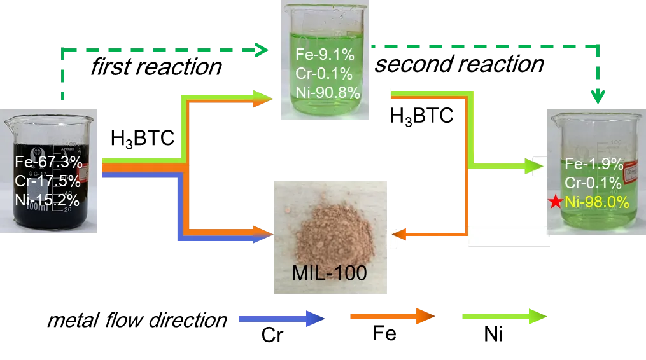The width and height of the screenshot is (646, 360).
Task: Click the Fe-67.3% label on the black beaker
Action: tap(48, 162)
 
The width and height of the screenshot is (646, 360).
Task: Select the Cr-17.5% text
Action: tap(48, 181)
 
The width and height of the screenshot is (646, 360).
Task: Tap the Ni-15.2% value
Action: tap(48, 200)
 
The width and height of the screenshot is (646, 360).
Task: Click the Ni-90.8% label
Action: tap(328, 93)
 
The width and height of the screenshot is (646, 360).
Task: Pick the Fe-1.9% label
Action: tap(594, 165)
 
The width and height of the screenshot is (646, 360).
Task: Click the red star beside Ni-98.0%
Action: tap(555, 203)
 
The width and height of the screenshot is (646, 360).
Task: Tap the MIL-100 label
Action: tap(330, 273)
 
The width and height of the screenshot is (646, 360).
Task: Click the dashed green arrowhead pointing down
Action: tap(598, 97)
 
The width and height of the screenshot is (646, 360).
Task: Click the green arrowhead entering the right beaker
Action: tap(535, 167)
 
